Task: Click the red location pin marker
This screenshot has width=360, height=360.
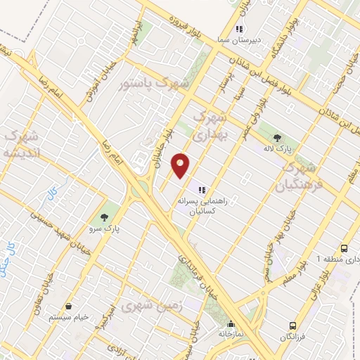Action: tap(181, 165)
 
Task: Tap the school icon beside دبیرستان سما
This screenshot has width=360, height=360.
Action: tap(239, 30)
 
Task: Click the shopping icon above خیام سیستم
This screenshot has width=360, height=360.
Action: tap(69, 306)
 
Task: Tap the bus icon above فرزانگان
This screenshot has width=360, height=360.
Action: tap(292, 326)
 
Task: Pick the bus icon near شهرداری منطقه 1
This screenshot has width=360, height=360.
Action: tap(344, 249)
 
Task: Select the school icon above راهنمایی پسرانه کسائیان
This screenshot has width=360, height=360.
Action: tap(202, 189)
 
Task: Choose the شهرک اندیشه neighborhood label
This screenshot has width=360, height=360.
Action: tap(22, 144)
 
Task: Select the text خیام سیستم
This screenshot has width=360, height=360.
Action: tap(69, 318)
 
